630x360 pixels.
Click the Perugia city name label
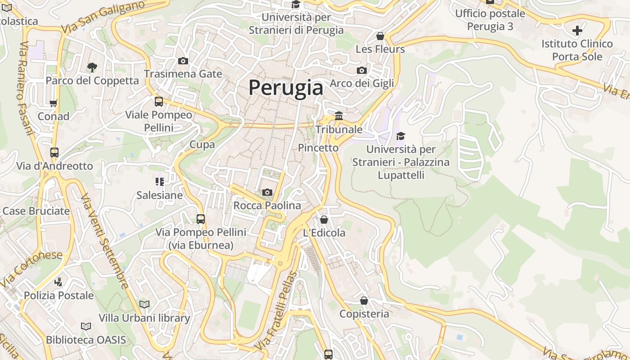pos(286,88)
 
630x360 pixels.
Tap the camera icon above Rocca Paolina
pos(267,193)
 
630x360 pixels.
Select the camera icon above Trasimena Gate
pos(183,61)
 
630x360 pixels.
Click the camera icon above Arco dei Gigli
pos(362,70)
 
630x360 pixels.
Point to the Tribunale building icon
pos(339,116)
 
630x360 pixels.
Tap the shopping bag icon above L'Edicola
pos(324,220)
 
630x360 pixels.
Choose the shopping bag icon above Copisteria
pos(364,300)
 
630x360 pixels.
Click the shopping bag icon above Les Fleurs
pos(380,36)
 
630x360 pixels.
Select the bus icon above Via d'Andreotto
pos(54,153)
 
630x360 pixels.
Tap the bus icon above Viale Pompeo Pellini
pos(159,102)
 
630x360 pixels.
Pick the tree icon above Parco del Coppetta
pos(92,67)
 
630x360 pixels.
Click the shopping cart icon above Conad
pos(54,103)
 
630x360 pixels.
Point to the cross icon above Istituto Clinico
pos(577,31)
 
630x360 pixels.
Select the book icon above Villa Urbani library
pos(144,305)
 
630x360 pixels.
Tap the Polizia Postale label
pos(59,296)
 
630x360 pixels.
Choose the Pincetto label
pos(318,148)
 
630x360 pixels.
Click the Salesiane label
pos(160,195)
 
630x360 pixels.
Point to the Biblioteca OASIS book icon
pos(86,326)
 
